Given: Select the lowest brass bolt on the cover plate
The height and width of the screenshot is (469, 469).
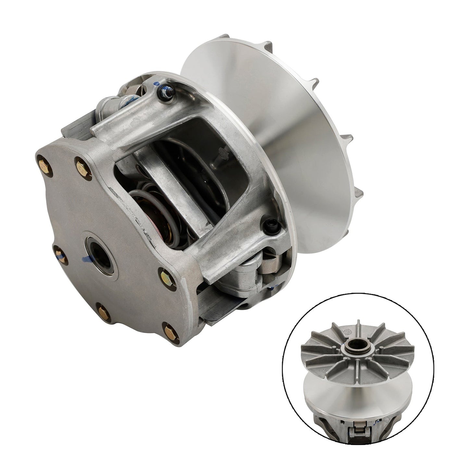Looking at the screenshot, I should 169,332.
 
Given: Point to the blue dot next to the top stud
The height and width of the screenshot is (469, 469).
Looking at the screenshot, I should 157,84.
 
